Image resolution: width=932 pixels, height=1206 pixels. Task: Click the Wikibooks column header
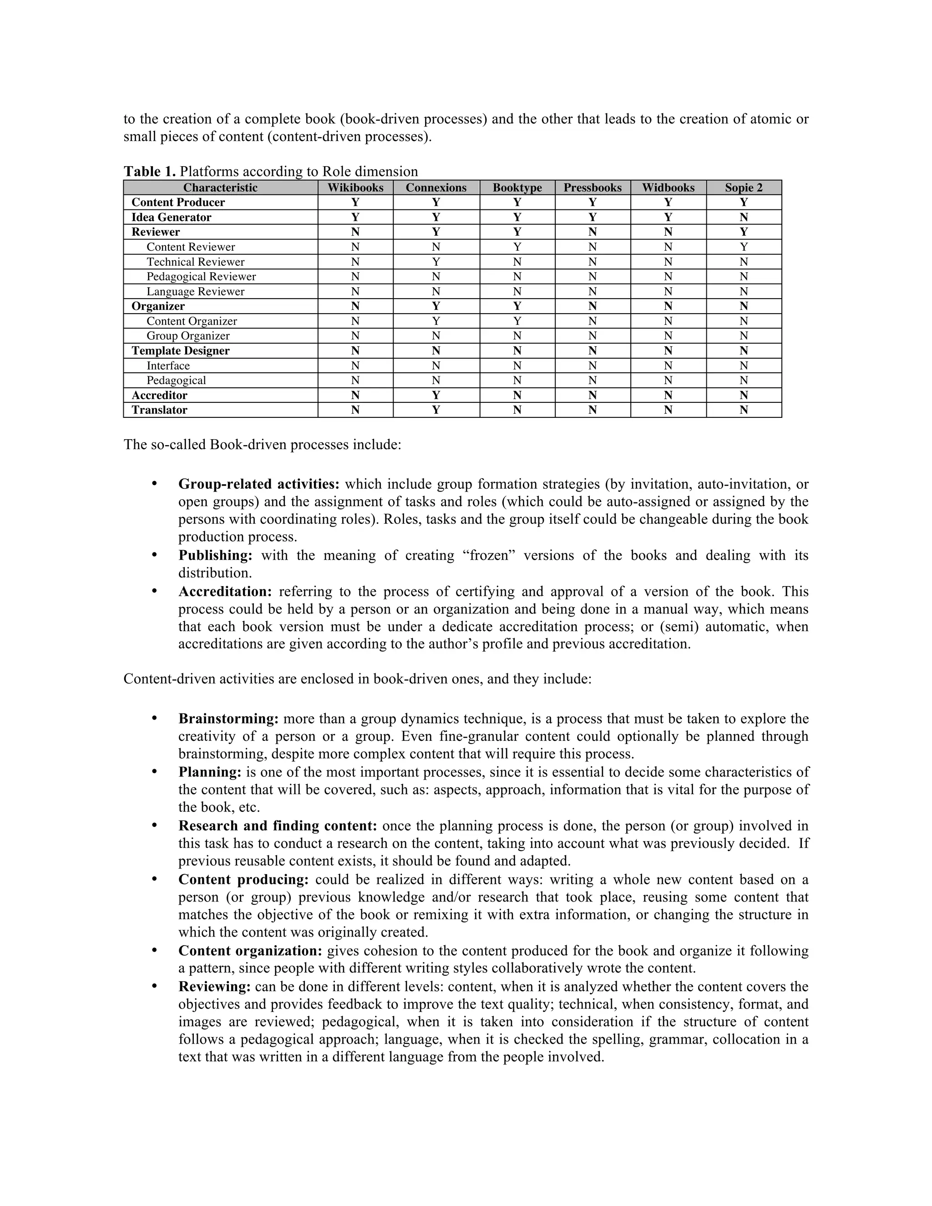coord(355,188)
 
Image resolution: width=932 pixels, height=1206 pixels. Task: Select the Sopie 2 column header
coord(743,188)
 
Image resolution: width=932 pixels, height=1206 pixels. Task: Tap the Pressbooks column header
coord(592,188)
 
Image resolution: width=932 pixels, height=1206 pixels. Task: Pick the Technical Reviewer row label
coord(195,262)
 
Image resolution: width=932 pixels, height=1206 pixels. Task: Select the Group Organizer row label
coord(188,336)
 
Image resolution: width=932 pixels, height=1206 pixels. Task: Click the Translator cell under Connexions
coord(436,410)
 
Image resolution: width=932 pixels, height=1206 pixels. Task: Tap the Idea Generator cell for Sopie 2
coord(743,217)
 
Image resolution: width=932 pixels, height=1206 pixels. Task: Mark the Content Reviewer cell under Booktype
coord(517,247)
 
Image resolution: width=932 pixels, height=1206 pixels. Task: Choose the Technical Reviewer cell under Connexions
coord(436,262)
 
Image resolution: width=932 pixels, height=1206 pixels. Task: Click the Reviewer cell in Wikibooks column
coord(355,232)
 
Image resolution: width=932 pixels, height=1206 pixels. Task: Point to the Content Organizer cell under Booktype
coord(517,321)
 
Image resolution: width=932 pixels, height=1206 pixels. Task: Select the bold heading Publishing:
coord(215,555)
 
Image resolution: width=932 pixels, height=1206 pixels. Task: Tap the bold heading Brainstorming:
coord(228,719)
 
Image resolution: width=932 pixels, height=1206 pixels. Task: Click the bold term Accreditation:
coord(225,592)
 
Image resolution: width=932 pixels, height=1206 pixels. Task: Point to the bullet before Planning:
coord(155,771)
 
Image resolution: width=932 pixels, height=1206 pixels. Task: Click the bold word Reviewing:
coord(214,986)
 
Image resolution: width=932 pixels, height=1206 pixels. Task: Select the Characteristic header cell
coord(220,188)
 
